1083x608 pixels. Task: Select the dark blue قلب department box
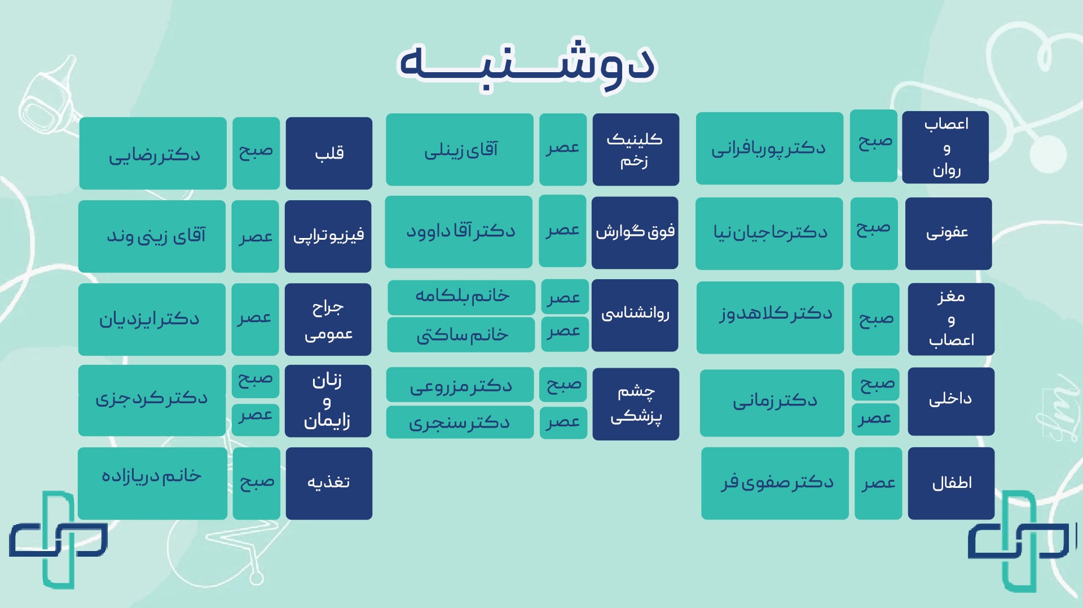(329, 153)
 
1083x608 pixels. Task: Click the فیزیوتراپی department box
(328, 236)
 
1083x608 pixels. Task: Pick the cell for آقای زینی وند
(152, 236)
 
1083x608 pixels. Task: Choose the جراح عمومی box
(328, 319)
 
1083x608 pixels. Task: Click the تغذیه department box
(329, 483)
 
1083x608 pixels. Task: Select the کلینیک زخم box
(636, 149)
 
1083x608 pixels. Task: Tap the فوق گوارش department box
(635, 232)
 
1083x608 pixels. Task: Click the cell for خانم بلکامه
(461, 297)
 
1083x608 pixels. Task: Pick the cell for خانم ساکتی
(461, 334)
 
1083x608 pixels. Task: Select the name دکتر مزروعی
(460, 385)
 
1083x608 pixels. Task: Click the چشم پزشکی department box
(636, 404)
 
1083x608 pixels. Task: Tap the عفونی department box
(948, 233)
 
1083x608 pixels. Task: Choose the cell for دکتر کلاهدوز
(770, 318)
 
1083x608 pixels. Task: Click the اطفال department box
(951, 483)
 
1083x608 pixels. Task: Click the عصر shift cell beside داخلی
(875, 419)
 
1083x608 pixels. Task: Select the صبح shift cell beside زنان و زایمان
(256, 381)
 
